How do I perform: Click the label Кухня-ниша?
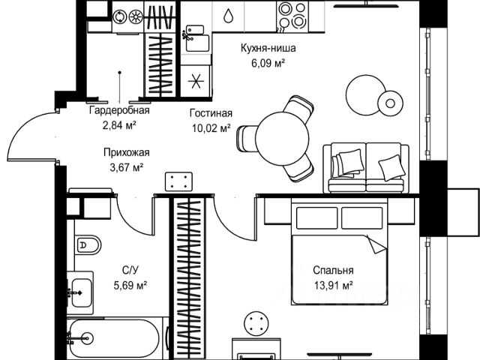pyautogui.click(x=268, y=48)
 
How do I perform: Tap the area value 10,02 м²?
pyautogui.click(x=211, y=128)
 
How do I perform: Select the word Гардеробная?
pyautogui.click(x=119, y=110)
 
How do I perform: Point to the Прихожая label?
pyautogui.click(x=127, y=152)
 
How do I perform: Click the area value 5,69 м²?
pyautogui.click(x=130, y=285)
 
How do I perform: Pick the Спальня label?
pyautogui.click(x=333, y=270)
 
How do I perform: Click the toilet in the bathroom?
pyautogui.click(x=88, y=245)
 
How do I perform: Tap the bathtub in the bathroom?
pyautogui.click(x=113, y=338)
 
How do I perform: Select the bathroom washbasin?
pyautogui.click(x=80, y=292)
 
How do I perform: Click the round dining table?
pyautogui.click(x=282, y=139)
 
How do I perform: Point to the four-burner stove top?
pyautogui.click(x=292, y=16)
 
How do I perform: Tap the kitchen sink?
pyautogui.click(x=197, y=39)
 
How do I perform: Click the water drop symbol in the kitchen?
pyautogui.click(x=228, y=16)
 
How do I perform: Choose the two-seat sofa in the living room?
pyautogui.click(x=366, y=168)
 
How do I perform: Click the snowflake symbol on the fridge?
pyautogui.click(x=196, y=81)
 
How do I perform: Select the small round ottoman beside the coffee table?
pyautogui.click(x=390, y=103)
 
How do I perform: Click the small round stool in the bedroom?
pyautogui.click(x=256, y=323)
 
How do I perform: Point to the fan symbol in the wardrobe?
pyautogui.click(x=136, y=16)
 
